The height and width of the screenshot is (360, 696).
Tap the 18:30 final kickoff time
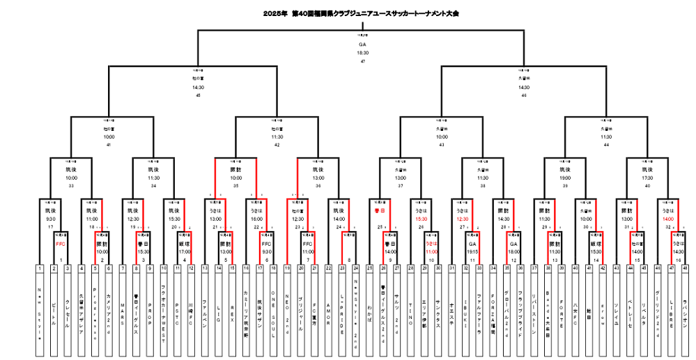(362, 52)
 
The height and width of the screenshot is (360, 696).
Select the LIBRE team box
(671, 306)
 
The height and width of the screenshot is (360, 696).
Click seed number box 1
(40, 268)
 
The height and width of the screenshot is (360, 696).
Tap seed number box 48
(685, 268)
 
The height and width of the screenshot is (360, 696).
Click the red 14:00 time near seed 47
(670, 219)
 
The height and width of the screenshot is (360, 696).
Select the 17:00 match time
(183, 250)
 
